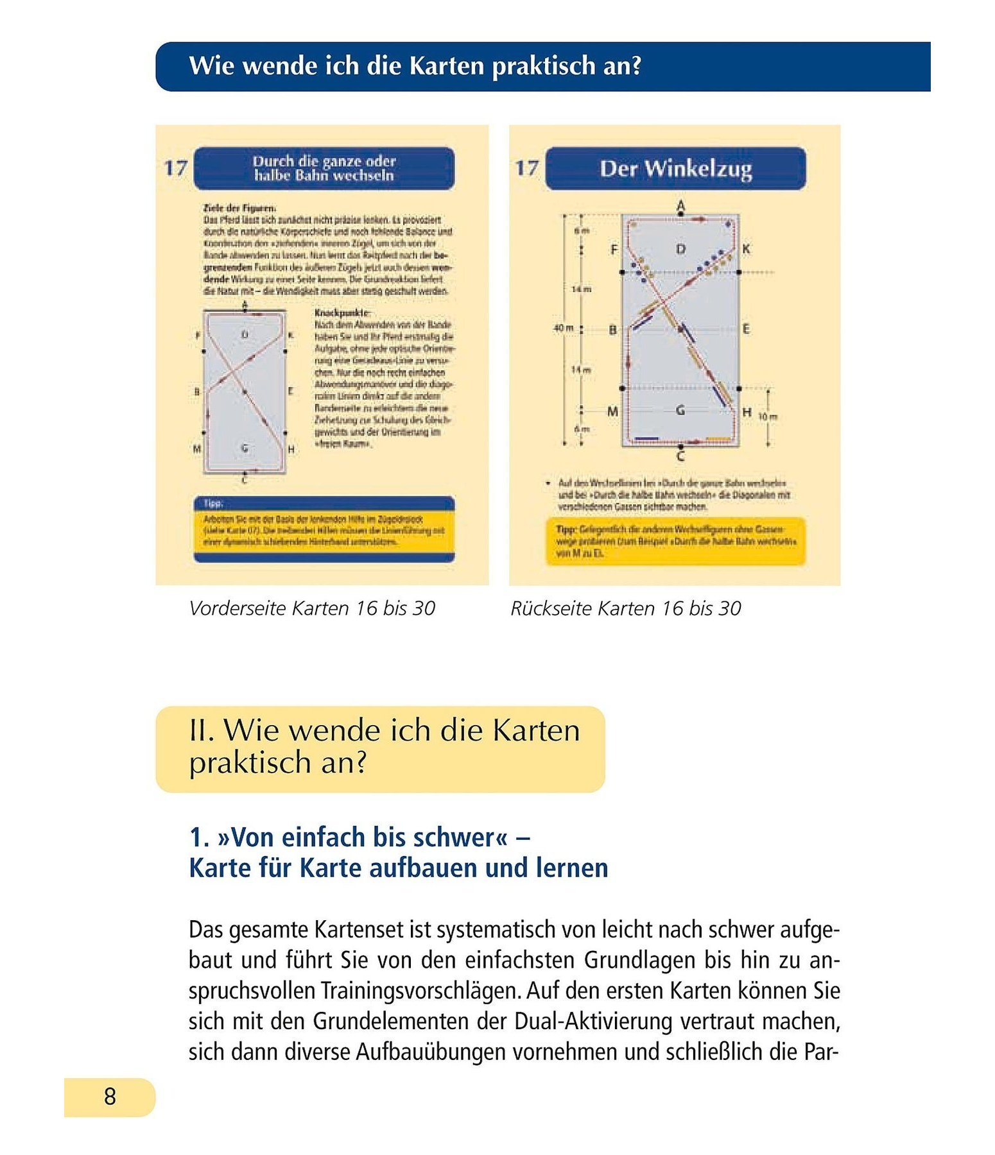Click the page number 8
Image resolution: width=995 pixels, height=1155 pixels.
pos(110,1097)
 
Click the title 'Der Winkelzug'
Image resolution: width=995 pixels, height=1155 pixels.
pos(675,169)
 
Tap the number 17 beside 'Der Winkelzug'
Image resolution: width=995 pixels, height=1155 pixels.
pos(526,168)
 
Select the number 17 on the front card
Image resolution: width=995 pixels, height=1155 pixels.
pos(175,168)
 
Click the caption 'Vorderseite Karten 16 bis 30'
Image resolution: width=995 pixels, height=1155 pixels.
pos(312,608)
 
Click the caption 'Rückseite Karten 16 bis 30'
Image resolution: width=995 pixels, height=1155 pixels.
pos(625,608)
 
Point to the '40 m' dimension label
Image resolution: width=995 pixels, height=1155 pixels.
pos(564,328)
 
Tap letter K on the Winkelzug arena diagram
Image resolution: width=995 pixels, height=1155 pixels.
pos(745,249)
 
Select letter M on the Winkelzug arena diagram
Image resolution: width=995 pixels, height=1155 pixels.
pos(612,411)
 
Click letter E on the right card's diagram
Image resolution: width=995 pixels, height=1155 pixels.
pos(746,329)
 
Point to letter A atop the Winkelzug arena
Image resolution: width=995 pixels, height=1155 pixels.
pos(680,206)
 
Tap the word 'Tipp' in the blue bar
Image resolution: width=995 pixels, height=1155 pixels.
pos(212,504)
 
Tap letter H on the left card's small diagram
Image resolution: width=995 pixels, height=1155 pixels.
pos(291,450)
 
